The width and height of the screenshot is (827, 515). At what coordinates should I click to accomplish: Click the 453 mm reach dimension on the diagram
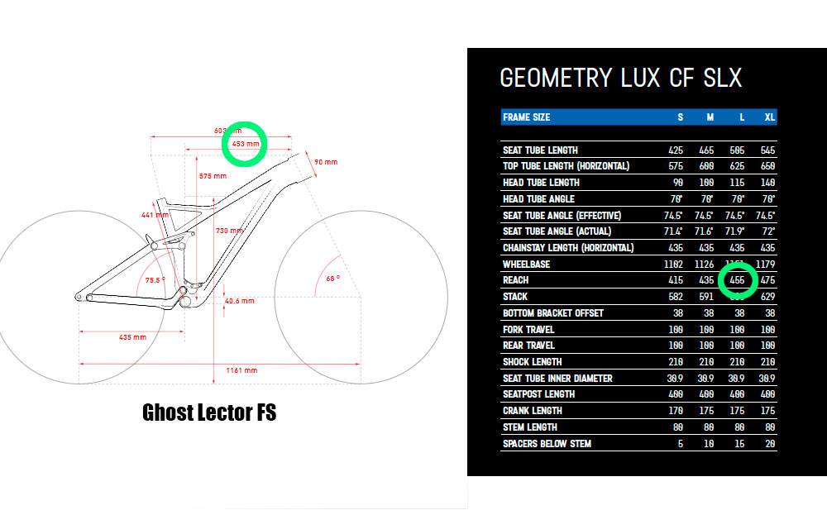pos(246,144)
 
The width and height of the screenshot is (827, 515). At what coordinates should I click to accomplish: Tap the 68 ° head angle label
pos(332,279)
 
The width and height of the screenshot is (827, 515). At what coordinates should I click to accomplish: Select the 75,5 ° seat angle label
pos(155,280)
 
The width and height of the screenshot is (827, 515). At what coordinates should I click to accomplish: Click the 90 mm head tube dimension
pos(326,163)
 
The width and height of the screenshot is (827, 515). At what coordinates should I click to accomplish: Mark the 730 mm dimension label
pos(229,231)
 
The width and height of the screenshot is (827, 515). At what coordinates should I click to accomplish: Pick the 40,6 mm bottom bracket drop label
pos(238,301)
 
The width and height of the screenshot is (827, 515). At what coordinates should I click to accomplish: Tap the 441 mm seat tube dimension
pos(155,215)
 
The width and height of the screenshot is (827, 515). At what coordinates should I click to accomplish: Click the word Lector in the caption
pos(214,412)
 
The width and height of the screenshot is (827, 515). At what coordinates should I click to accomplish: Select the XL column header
pos(769,117)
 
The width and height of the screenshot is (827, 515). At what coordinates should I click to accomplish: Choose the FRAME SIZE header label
pos(526,117)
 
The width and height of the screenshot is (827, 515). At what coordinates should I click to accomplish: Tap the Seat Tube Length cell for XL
pos(767,150)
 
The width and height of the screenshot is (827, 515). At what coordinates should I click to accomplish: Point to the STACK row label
pos(514,297)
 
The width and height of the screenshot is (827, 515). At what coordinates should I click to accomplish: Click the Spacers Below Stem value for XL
pos(769,444)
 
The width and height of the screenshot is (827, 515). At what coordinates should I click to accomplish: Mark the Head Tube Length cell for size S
pos(678,183)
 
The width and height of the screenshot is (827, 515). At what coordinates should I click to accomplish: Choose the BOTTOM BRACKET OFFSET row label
pos(552,313)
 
